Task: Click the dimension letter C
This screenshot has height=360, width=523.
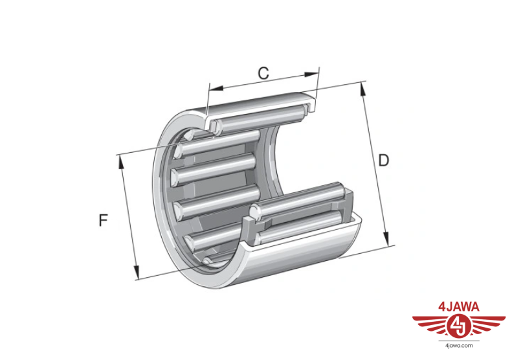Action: click(x=263, y=73)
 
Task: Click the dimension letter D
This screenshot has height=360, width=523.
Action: click(x=384, y=161)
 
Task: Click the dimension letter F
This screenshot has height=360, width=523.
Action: click(x=103, y=220)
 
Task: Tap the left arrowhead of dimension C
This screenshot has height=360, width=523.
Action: click(x=216, y=88)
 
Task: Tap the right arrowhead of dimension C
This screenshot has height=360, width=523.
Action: click(x=311, y=74)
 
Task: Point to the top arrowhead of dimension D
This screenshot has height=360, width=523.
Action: click(x=363, y=89)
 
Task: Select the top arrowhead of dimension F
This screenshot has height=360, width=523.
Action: click(x=121, y=163)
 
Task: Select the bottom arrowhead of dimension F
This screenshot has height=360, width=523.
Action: click(x=136, y=272)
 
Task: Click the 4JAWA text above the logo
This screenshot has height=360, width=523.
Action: click(x=459, y=307)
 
